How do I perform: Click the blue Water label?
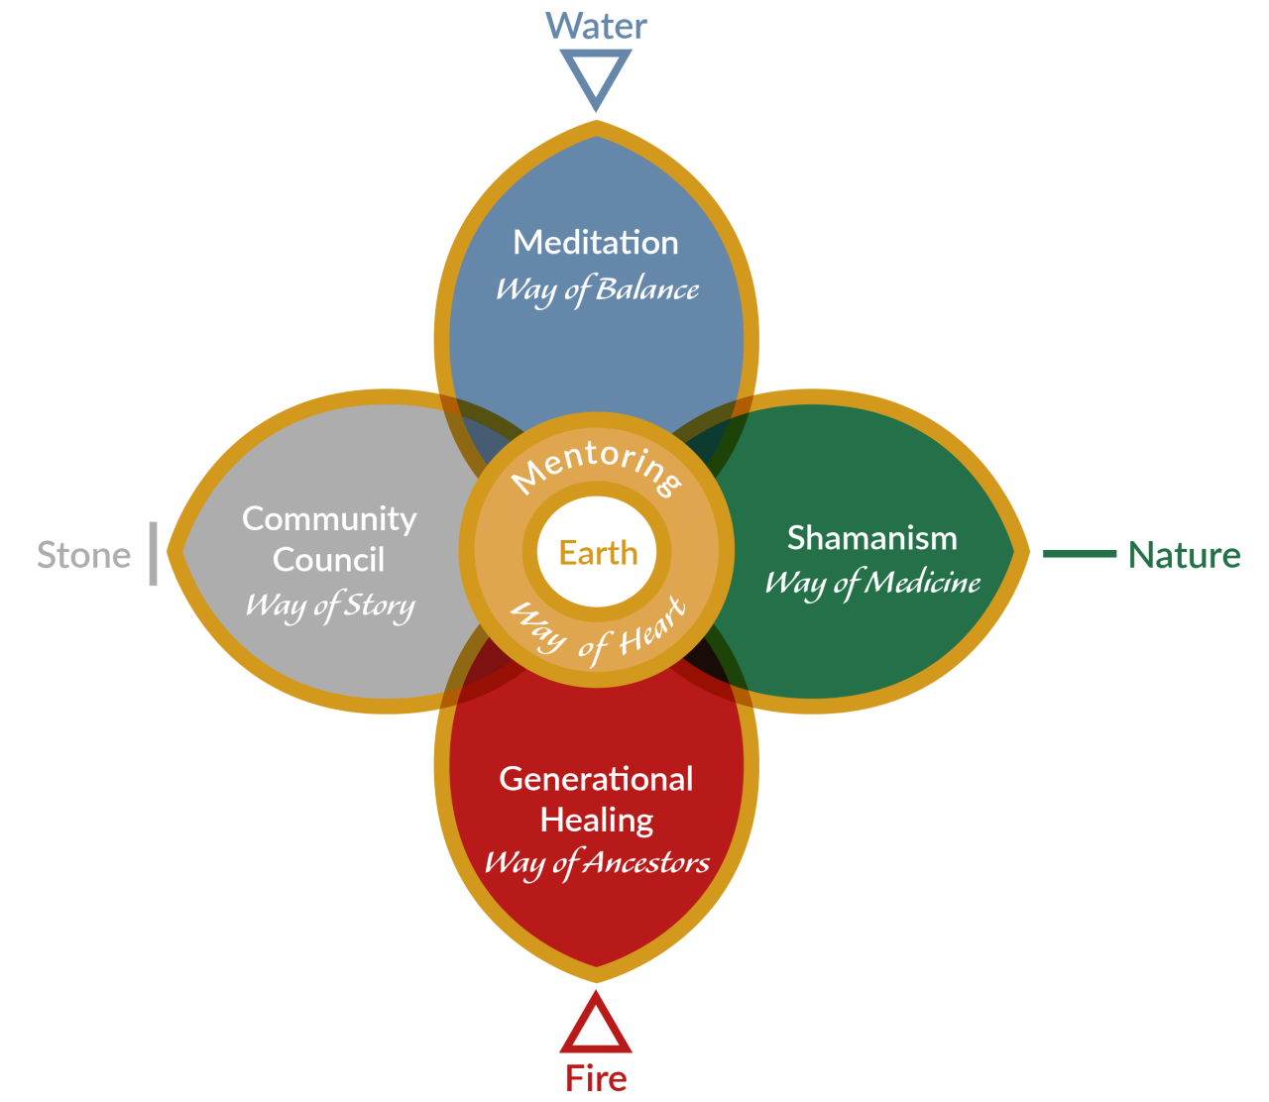596,26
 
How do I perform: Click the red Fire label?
596,1078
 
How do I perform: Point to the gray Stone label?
83,555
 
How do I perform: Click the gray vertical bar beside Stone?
154,554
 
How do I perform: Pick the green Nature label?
1185,555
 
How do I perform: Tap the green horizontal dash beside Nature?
1080,554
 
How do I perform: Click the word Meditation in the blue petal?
596,243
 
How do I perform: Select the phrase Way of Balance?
597,290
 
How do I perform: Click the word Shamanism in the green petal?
872,538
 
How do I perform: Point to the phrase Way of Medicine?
872,584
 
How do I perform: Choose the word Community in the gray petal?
329,519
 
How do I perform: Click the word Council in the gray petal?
329,560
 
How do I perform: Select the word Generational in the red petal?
596,779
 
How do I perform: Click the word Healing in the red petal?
596,821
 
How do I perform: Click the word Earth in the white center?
598,553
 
